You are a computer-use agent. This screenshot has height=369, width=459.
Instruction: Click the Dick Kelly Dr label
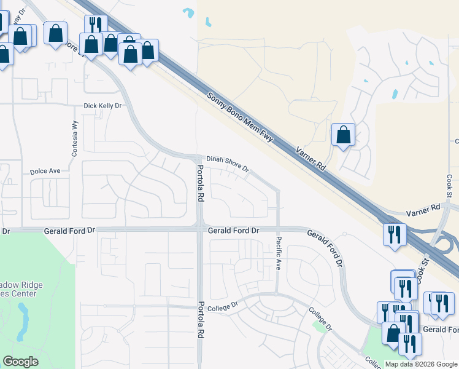pyautogui.click(x=103, y=106)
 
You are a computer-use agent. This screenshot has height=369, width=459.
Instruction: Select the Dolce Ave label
pyautogui.click(x=45, y=171)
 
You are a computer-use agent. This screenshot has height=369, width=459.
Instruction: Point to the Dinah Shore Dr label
pyautogui.click(x=228, y=164)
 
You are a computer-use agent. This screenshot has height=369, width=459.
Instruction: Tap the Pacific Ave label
pyautogui.click(x=279, y=254)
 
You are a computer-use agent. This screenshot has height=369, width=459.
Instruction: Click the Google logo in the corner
pyautogui.click(x=20, y=362)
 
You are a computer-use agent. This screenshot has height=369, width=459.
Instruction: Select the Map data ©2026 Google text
pyautogui.click(x=421, y=364)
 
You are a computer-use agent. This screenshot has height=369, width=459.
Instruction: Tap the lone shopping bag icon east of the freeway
pyautogui.click(x=343, y=134)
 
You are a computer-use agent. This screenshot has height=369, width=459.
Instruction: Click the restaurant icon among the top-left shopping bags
pyautogui.click(x=95, y=25)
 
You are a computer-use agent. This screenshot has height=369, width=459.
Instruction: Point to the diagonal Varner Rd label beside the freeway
pyautogui.click(x=310, y=159)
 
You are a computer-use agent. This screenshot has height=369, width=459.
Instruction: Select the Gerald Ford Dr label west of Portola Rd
pyautogui.click(x=70, y=230)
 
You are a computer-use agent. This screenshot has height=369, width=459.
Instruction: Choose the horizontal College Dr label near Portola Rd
pyautogui.click(x=222, y=306)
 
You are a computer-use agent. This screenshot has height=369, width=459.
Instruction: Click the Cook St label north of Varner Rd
pyautogui.click(x=449, y=185)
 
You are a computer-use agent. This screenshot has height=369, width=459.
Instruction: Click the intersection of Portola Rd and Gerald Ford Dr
pyautogui.click(x=200, y=228)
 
